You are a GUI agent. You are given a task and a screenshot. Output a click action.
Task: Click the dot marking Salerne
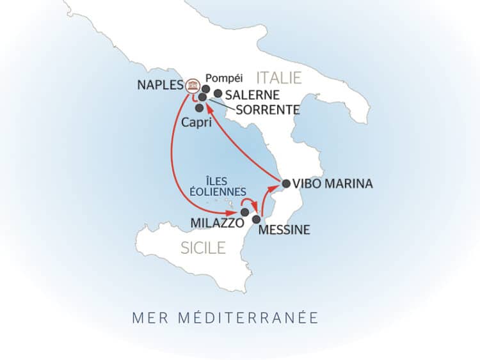(218, 93)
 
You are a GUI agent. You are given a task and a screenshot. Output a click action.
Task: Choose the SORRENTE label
(268, 110)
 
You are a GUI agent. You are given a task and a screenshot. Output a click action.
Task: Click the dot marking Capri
(199, 107)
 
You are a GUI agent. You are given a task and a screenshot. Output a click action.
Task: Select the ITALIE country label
(278, 78)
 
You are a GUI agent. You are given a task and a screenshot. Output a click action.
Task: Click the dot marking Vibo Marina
(286, 182)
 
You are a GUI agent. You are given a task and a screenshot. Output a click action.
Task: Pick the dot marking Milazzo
(244, 212)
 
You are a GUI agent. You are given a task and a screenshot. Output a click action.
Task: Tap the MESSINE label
(284, 230)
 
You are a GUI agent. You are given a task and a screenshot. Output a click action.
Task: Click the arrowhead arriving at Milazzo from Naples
(234, 212)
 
